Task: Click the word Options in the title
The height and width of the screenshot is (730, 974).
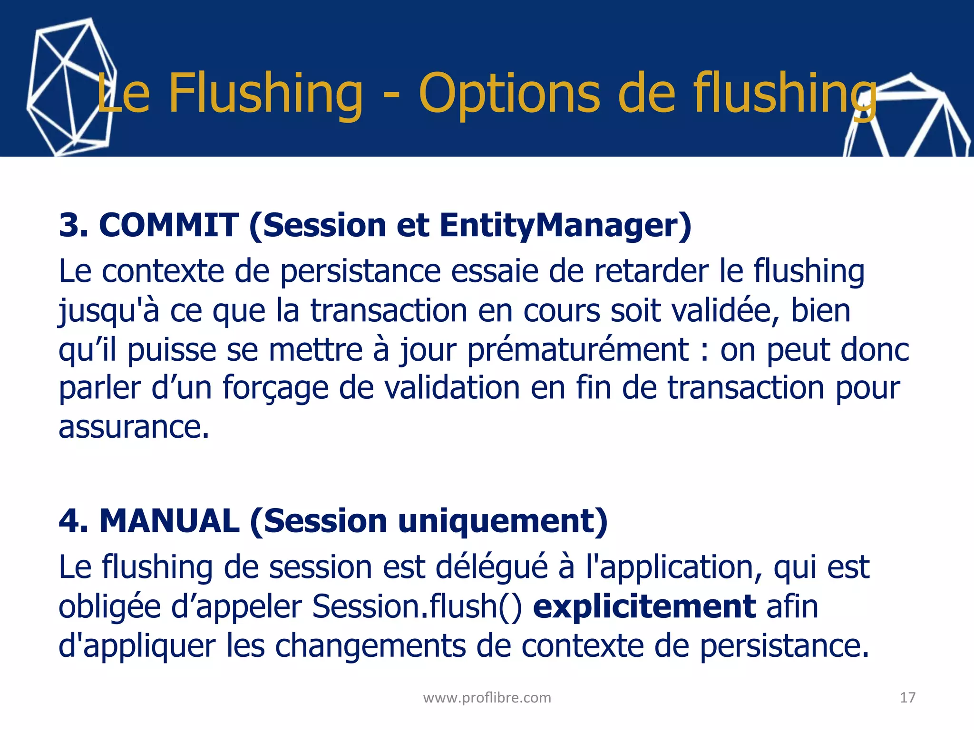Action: click(x=509, y=94)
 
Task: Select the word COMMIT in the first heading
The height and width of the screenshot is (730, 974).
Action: click(x=168, y=225)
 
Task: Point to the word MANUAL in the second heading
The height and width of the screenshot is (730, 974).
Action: click(x=169, y=521)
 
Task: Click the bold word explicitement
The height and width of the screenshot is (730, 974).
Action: click(x=644, y=607)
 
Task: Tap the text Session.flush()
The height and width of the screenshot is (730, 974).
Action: click(x=417, y=607)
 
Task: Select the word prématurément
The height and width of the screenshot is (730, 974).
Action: click(x=577, y=350)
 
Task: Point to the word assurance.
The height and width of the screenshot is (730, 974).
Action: click(x=134, y=427)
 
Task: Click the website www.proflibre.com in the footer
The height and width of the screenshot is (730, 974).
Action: click(x=487, y=698)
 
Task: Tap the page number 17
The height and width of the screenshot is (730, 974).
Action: click(x=907, y=698)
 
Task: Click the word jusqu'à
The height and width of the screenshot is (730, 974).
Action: click(x=108, y=312)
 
